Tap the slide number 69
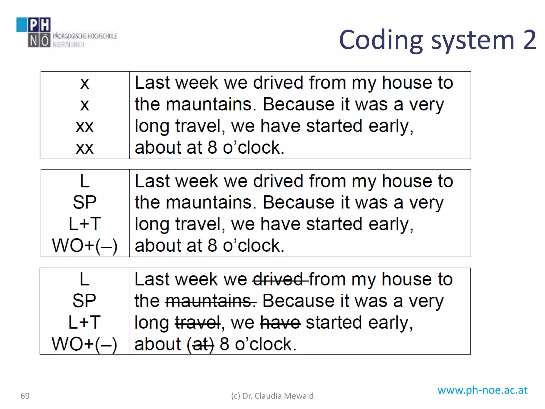pyautogui.click(x=25, y=396)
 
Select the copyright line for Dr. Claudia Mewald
pyautogui.click(x=272, y=396)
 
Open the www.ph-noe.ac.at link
pyautogui.click(x=482, y=390)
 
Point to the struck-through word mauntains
pyautogui.click(x=211, y=301)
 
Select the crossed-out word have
pyautogui.click(x=280, y=323)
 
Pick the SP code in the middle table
pyautogui.click(x=85, y=202)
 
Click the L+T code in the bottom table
pyautogui.click(x=85, y=322)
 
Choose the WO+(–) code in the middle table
pyautogui.click(x=85, y=246)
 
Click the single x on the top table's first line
pyautogui.click(x=85, y=83)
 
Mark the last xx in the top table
pyautogui.click(x=85, y=148)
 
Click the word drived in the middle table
pyautogui.click(x=278, y=181)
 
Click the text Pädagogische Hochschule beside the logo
pyautogui.click(x=85, y=36)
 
